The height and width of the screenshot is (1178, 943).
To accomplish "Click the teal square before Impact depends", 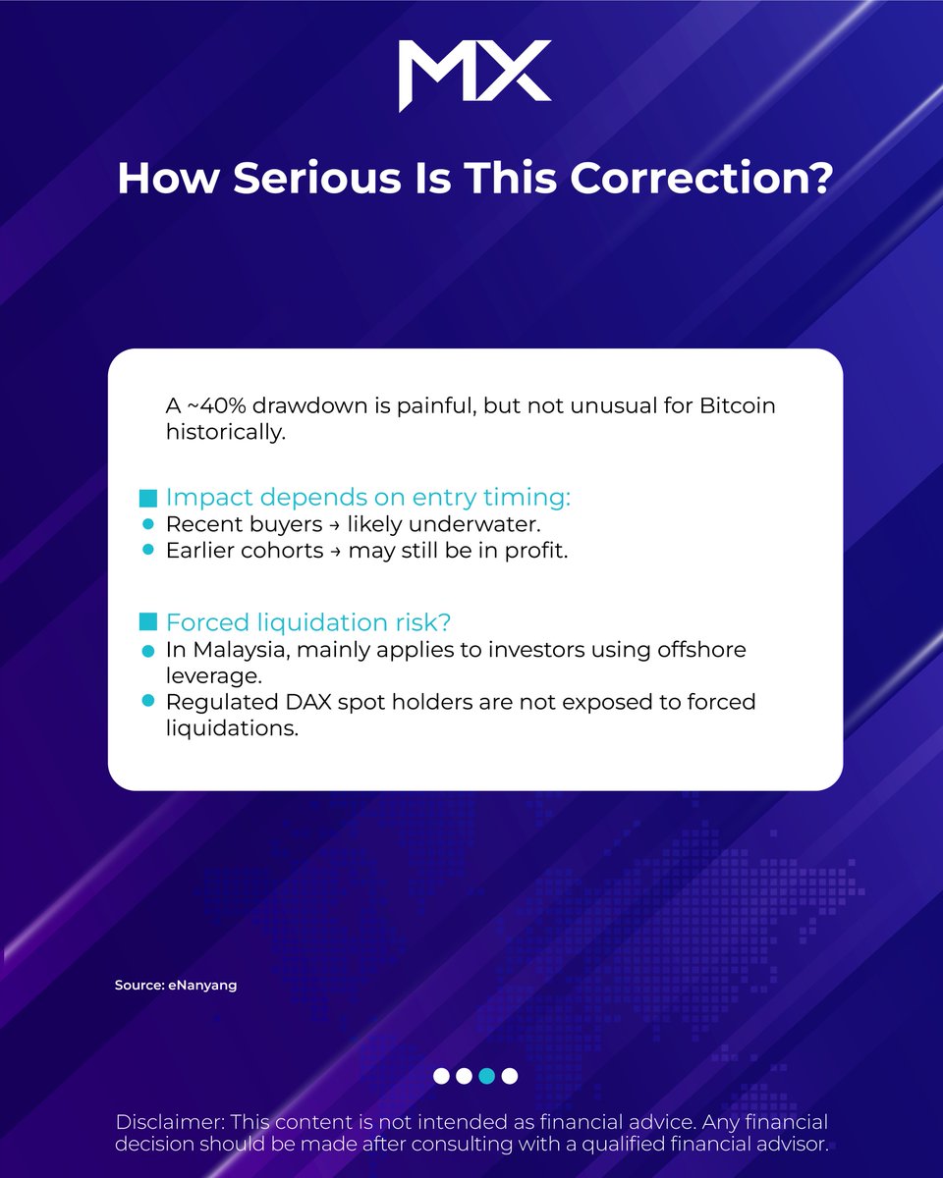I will pos(148,499).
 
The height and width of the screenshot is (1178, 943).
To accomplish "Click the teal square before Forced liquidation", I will pos(148,623).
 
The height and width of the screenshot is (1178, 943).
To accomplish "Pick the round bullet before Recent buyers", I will pos(148,525).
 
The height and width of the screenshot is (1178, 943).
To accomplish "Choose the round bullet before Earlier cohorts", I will pos(148,551).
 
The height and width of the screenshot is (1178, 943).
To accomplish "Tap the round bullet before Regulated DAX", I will pos(148,701).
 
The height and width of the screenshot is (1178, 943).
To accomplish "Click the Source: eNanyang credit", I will pos(176,985).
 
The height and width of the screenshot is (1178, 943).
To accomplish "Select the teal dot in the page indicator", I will pos(486,1076).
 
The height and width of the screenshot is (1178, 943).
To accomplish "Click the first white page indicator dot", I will pos(441,1076).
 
